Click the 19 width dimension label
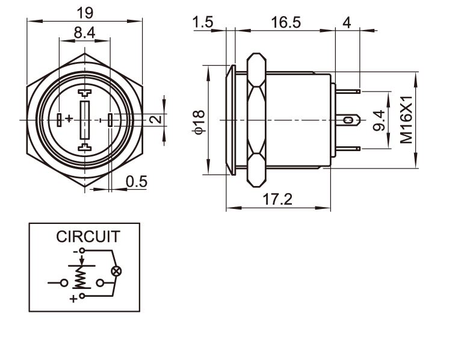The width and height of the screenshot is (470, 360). tap(84, 11)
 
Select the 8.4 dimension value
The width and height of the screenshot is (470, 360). tap(84, 34)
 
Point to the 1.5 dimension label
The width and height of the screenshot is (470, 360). tap(203, 22)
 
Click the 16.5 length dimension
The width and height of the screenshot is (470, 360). tap(285, 22)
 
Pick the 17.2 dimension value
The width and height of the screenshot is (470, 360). tap(278, 199)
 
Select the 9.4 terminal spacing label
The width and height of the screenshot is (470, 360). tap(379, 121)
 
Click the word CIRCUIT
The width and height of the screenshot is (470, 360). tap(88, 237)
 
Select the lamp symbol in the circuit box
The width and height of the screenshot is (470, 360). tap(116, 272)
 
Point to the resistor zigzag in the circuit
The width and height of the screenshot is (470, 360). tap(78, 278)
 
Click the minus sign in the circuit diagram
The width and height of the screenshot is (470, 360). tap(75, 250)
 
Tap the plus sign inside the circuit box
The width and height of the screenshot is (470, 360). tap(73, 298)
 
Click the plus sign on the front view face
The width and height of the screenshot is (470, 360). tap(69, 119)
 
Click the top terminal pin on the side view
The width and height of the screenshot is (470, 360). tap(348, 92)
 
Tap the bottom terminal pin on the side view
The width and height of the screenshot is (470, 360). tap(348, 149)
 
